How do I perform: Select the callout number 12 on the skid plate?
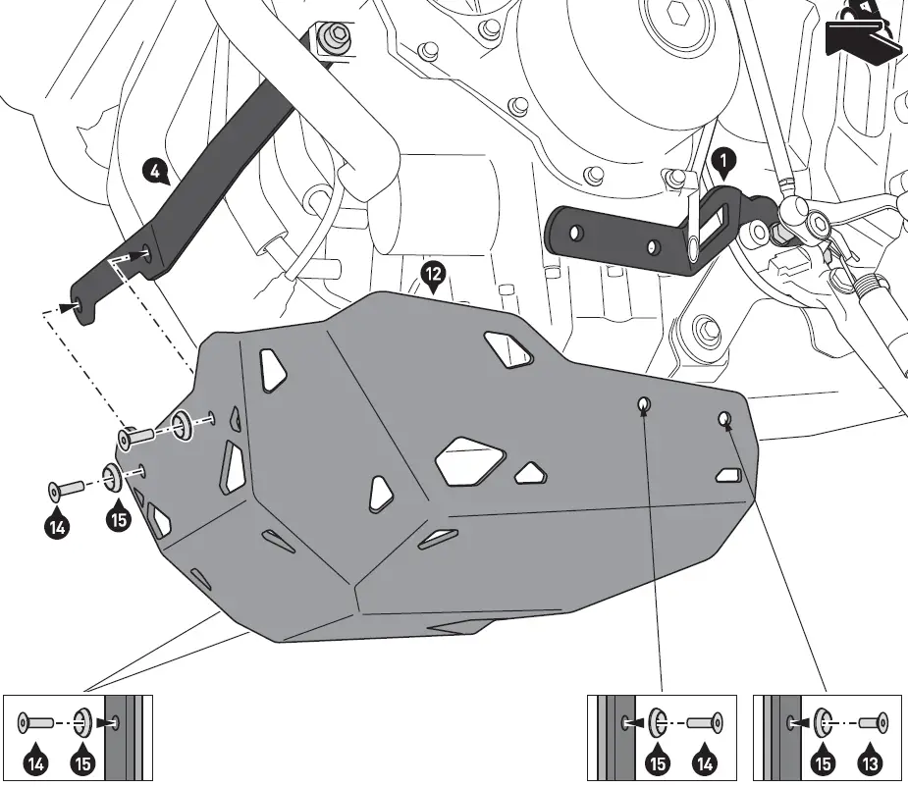(432, 272)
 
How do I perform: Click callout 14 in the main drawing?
(57, 527)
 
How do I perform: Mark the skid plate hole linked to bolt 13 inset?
(723, 419)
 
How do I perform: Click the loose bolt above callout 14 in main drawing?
(64, 489)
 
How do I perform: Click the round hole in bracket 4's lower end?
(146, 255)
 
